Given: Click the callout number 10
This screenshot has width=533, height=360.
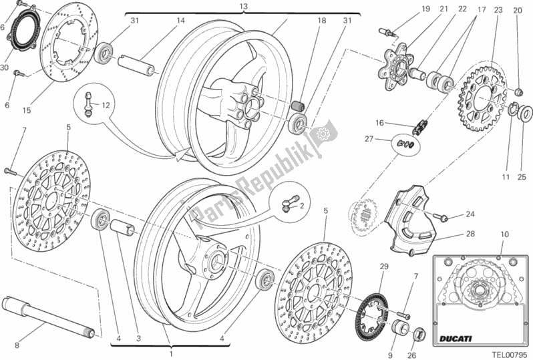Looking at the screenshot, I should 504,234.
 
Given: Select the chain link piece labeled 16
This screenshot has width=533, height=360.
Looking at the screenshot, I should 421,124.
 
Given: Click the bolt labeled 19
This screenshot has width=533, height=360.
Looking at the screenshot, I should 388,31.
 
